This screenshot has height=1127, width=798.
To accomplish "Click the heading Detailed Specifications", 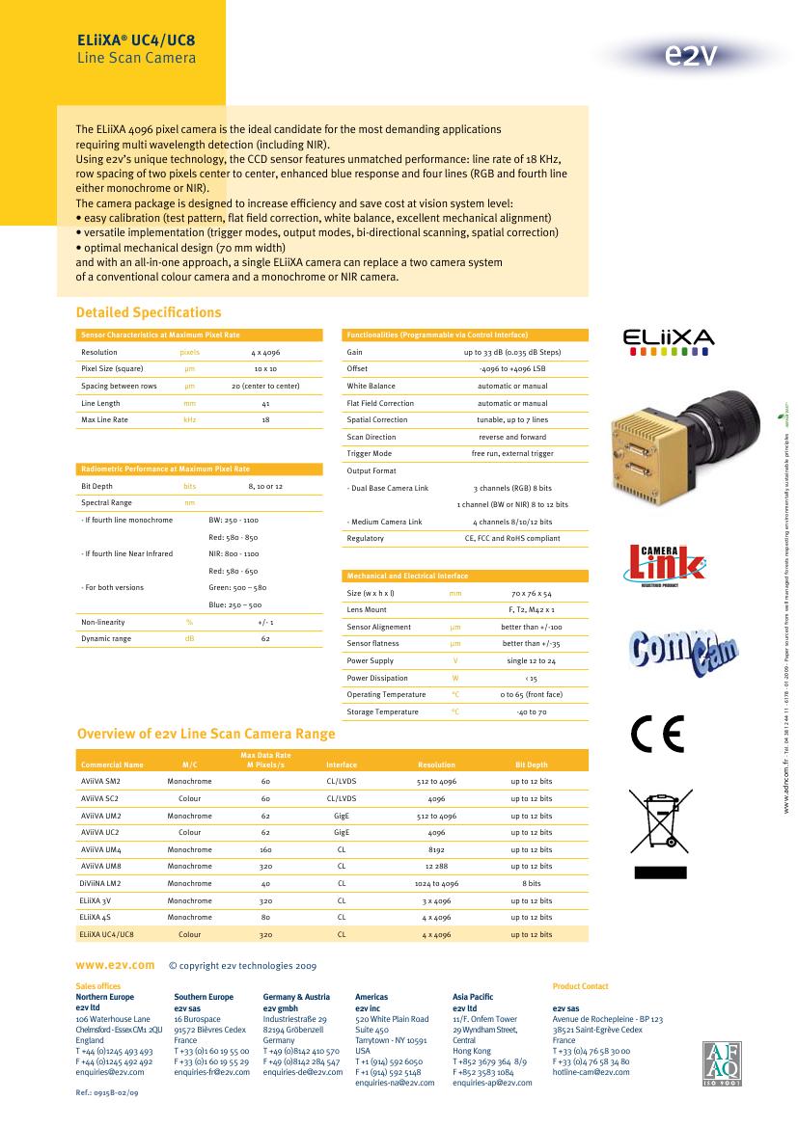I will pos(149,312).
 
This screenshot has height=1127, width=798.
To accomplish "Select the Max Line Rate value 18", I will pos(265,420).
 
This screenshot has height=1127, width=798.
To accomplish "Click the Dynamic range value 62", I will pos(265,639).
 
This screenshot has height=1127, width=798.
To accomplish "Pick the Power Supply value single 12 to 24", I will pos(531,661).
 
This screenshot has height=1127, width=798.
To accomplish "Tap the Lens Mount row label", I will pos(367,610).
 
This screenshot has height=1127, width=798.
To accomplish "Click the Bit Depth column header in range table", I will pos(531,765).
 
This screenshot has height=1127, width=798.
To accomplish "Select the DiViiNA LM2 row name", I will pos(100,883).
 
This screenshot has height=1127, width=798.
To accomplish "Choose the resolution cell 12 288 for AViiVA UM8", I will pos(436,867).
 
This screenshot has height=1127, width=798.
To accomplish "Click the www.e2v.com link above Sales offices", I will pos(115,964).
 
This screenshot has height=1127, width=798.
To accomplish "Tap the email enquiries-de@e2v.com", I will pos(301,1071).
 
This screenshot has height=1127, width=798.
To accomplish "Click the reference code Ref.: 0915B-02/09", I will pos(107,1093).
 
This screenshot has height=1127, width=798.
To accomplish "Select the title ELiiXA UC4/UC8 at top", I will pos(136,42).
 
